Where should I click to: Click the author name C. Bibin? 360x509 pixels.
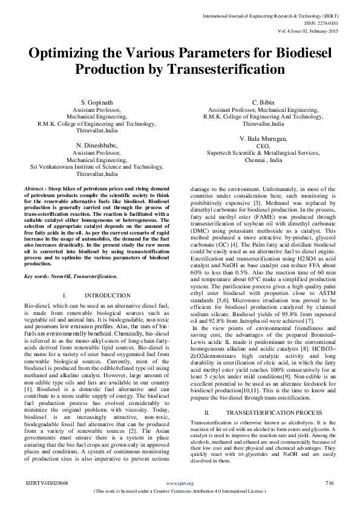click(263, 102)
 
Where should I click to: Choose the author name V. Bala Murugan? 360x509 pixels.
click(263, 138)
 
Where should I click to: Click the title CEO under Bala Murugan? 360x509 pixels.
click(263, 146)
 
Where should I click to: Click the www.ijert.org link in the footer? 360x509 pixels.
click(180, 483)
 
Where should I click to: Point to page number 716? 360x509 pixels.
click(330, 483)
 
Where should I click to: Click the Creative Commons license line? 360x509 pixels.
click(180, 491)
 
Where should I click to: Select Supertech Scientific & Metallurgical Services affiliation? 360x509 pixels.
click(263, 153)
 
